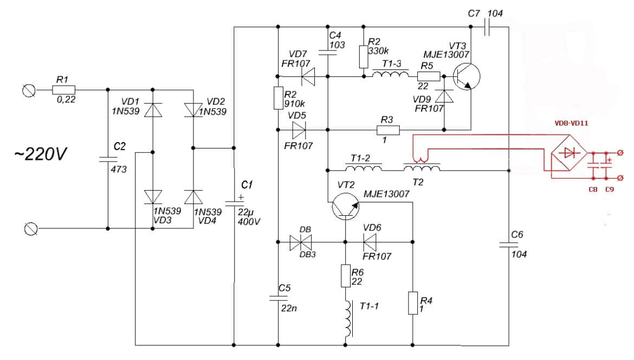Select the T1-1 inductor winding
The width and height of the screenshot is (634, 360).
[347, 319]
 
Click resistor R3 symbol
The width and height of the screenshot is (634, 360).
[388, 130]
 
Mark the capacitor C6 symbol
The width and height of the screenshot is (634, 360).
[509, 245]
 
